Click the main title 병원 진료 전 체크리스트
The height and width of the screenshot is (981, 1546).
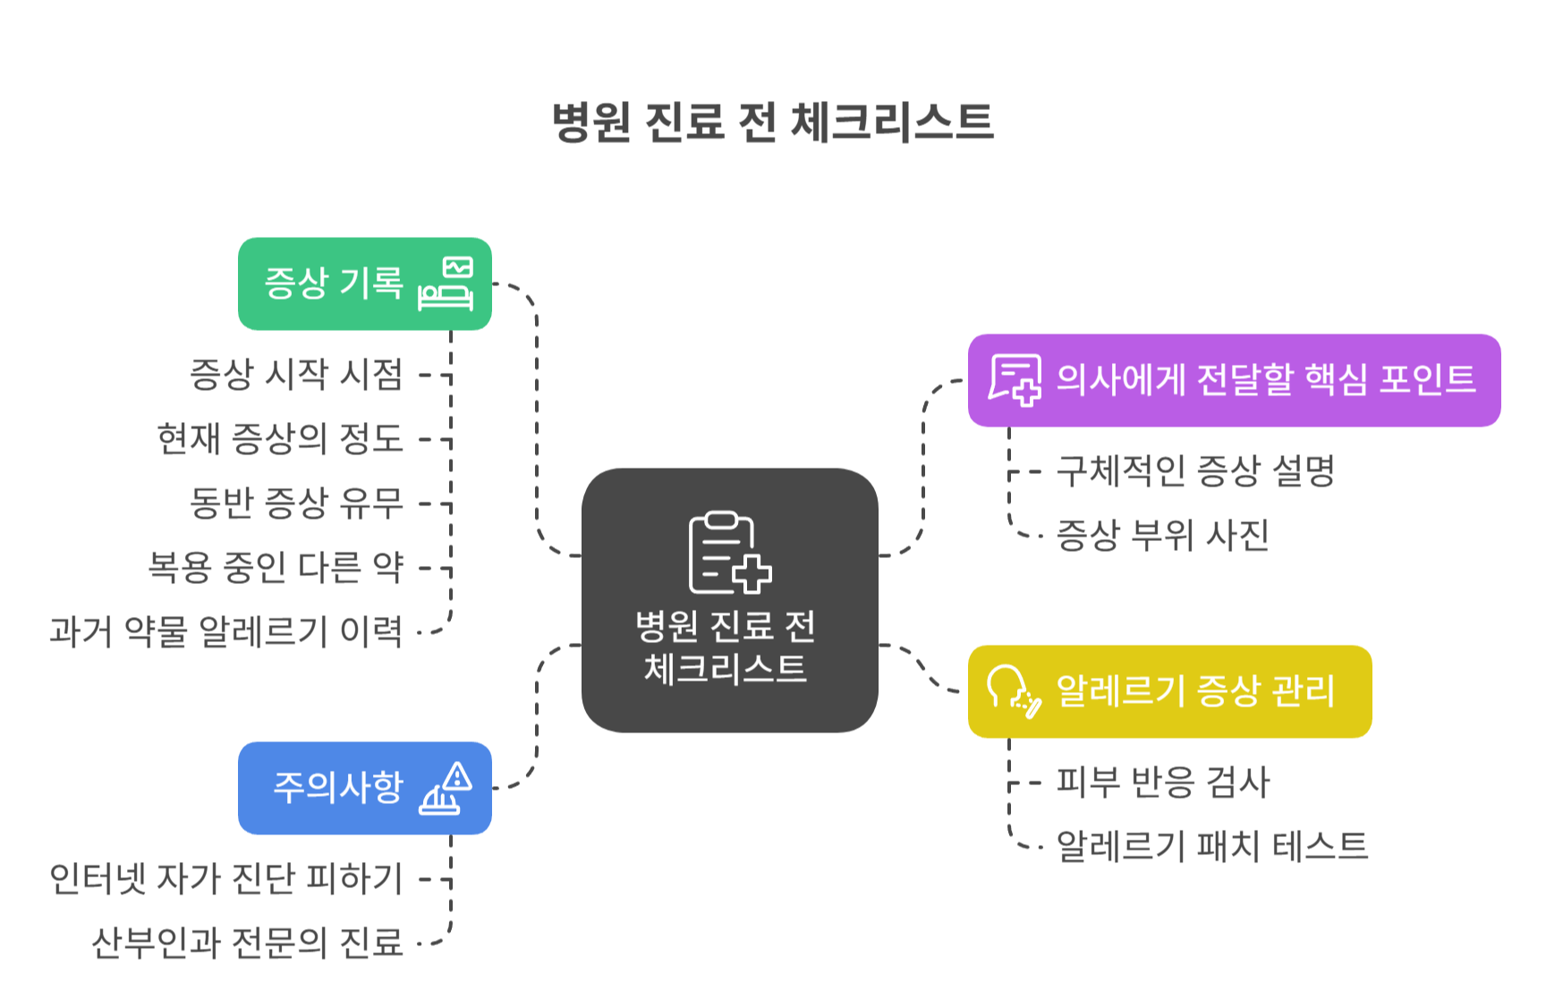tap(773, 123)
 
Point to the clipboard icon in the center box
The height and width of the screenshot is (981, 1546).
tap(728, 553)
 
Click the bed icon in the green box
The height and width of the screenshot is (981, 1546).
tap(446, 284)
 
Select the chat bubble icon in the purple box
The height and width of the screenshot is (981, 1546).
tap(1015, 380)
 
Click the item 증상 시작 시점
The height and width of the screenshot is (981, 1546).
tap(296, 375)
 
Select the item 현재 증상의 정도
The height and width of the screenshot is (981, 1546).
tap(280, 439)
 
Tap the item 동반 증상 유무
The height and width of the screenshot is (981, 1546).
tap(296, 503)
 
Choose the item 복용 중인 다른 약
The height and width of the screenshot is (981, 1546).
tap(276, 568)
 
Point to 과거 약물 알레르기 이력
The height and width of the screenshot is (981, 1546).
tap(226, 632)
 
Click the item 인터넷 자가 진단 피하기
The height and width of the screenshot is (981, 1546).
tap(226, 879)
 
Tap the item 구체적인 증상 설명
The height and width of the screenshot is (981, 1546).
tap(1195, 471)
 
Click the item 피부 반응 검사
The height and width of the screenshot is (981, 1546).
tap(1162, 782)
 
